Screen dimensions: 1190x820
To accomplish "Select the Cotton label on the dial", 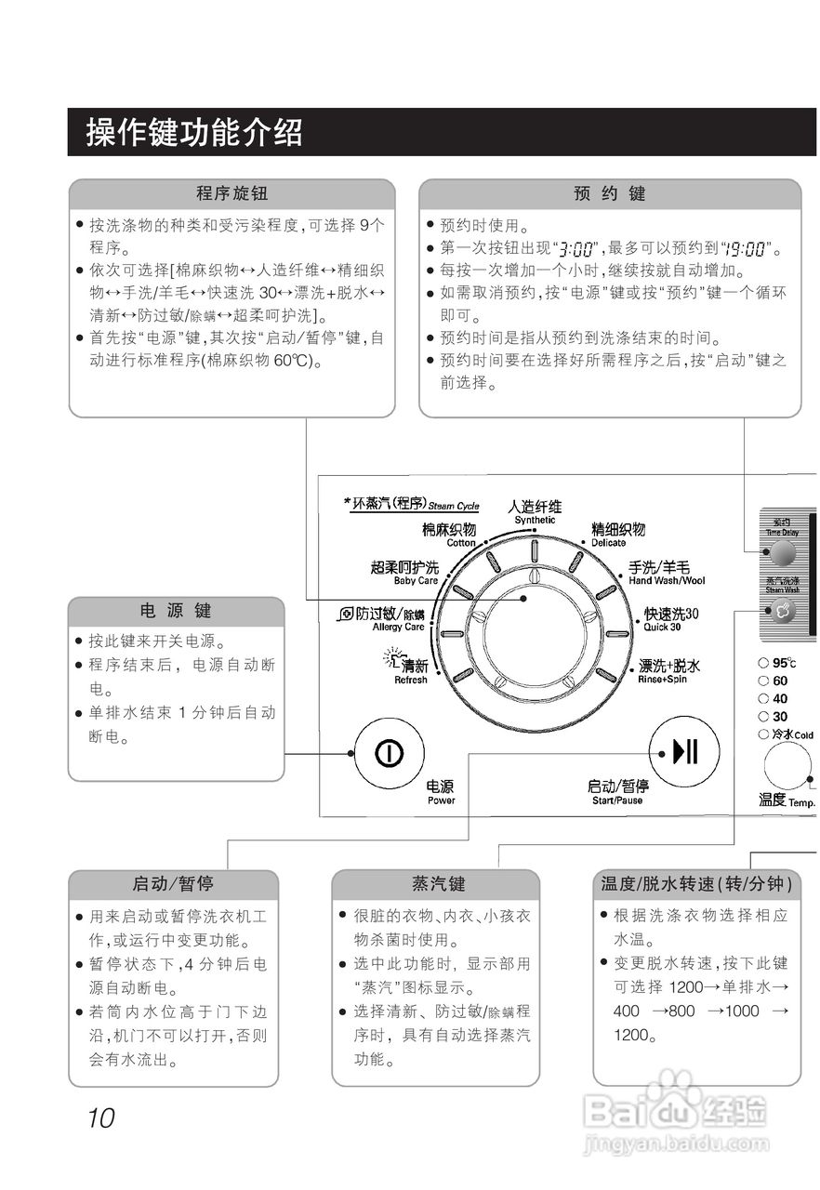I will click(x=449, y=534).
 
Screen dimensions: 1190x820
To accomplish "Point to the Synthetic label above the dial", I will click(x=535, y=511).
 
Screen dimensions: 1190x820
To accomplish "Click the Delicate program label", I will click(x=618, y=534).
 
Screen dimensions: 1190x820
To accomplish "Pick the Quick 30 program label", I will click(x=670, y=618).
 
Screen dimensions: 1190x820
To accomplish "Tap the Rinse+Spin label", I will click(x=668, y=671).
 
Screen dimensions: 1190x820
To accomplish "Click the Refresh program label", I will click(x=409, y=670).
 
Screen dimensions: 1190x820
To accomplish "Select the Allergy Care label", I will click(x=389, y=619).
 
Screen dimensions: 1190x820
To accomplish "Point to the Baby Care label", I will click(x=404, y=573).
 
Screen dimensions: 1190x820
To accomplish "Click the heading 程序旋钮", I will click(x=231, y=193).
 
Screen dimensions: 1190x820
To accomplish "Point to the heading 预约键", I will click(x=609, y=193).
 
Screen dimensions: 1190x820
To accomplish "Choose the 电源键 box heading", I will click(x=176, y=611).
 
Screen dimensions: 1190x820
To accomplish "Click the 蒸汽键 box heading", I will click(x=436, y=883).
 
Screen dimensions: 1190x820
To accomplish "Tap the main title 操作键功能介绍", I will click(x=194, y=132).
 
